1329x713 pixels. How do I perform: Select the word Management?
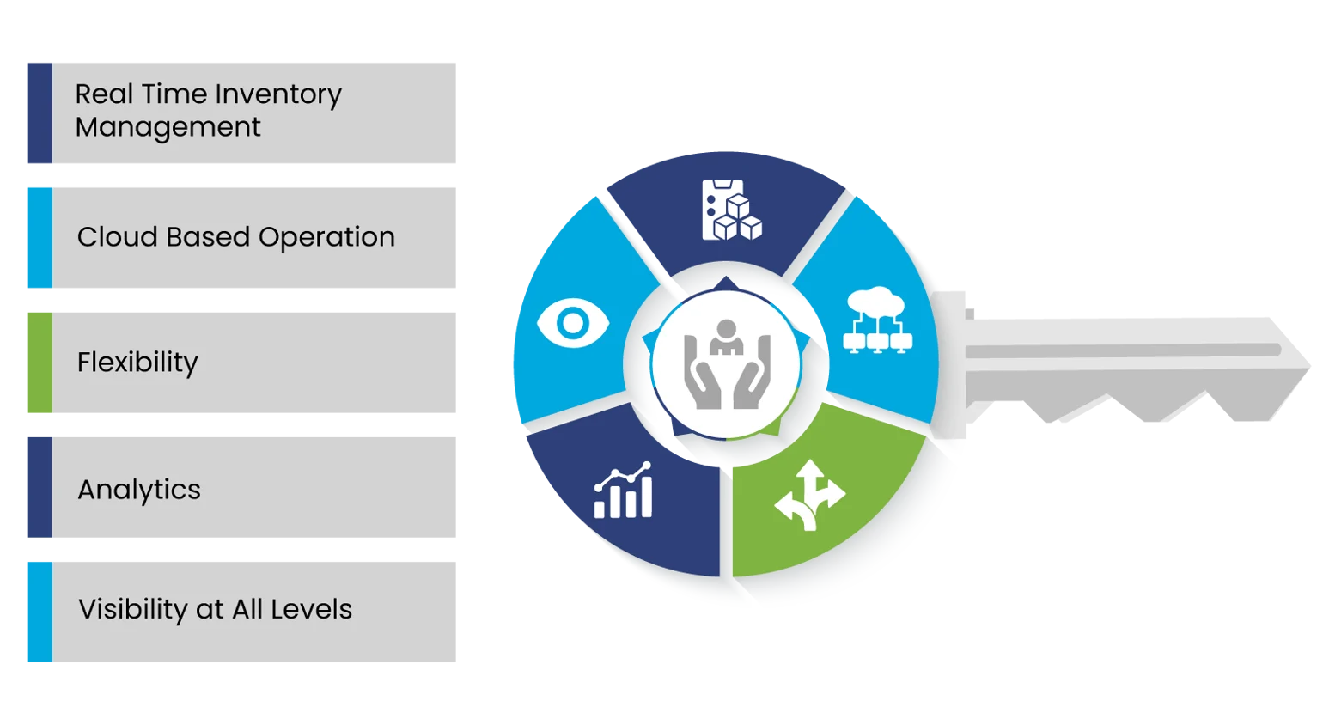tap(168, 127)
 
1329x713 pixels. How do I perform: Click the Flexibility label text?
tap(137, 363)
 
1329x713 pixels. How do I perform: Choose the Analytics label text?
tap(139, 490)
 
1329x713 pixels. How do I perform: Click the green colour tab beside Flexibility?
tap(37, 363)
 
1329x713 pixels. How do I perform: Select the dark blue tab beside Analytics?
tap(37, 487)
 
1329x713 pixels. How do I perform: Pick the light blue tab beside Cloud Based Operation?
tap(37, 237)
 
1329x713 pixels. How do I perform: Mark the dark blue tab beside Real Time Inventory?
tap(37, 113)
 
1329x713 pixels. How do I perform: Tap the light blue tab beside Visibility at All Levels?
tap(37, 611)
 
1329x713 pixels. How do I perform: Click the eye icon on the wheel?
tap(572, 324)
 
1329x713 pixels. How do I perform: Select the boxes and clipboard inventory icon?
tap(731, 210)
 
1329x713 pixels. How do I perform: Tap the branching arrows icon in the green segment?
tap(809, 496)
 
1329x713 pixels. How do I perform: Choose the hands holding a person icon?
tap(727, 364)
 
